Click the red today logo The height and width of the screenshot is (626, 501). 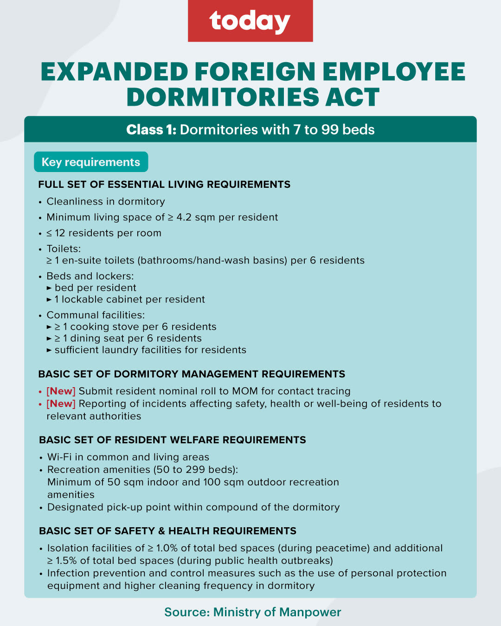coord(250,21)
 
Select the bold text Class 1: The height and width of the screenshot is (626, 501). coord(151,129)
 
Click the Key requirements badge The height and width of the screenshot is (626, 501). coord(91,162)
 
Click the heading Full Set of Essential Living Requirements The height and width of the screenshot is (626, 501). coord(164,185)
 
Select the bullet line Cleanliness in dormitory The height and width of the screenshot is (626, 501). coord(106,201)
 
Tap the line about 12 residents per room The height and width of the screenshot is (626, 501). coord(104,233)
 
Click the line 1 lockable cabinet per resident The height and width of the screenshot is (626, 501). coord(129,299)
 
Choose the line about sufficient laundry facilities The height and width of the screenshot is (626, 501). coord(150,350)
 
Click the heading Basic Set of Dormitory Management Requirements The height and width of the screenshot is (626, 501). coord(192,374)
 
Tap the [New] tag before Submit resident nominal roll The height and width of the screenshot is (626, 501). coord(61,391)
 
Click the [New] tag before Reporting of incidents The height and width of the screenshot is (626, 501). coord(61,403)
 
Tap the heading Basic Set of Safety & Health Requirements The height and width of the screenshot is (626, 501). coord(167,530)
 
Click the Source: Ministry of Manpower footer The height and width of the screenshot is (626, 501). coord(252,612)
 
